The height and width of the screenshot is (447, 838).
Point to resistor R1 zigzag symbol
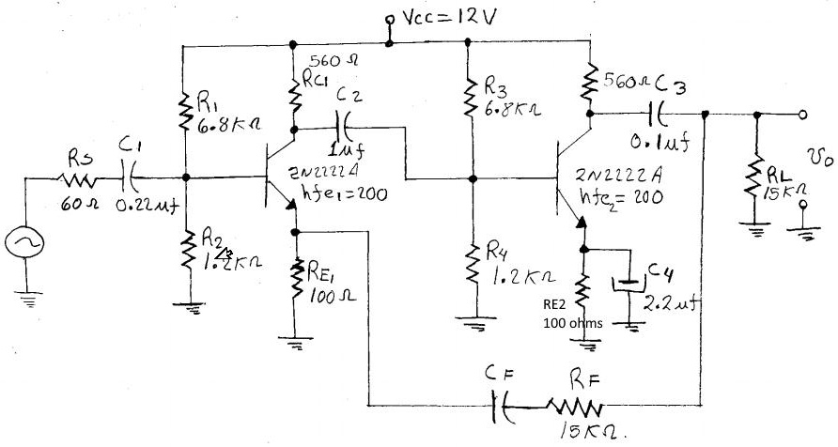tap(185, 109)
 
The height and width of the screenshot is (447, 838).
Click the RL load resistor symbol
tap(756, 177)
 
